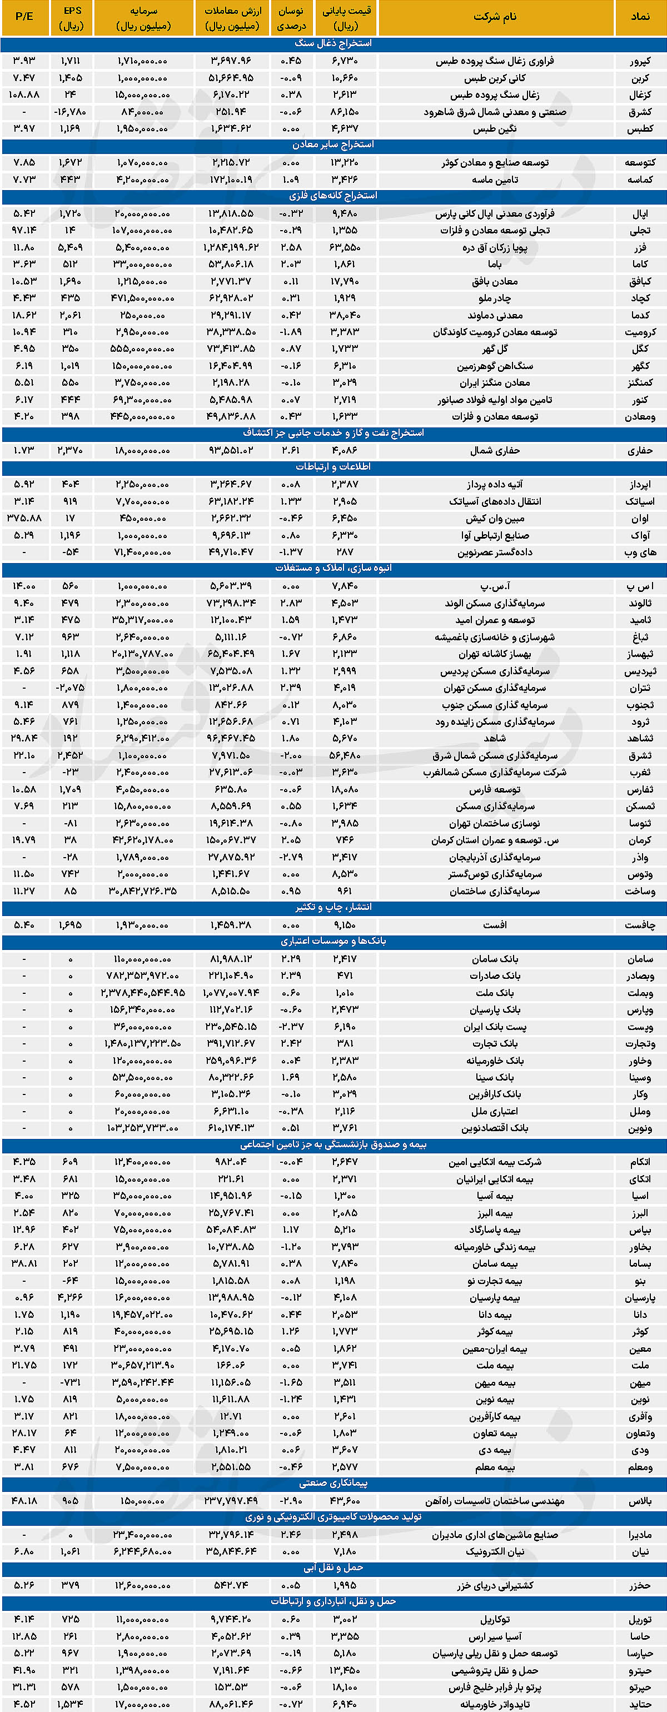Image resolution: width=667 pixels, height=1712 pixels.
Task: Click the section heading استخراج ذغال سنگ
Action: (333, 43)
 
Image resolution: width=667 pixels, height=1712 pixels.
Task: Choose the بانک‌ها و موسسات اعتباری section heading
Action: (333, 941)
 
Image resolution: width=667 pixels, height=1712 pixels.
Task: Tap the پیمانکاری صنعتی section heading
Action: (333, 1484)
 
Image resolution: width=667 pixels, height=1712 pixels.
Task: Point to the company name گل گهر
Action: (495, 349)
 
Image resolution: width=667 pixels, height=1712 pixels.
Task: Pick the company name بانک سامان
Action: (495, 959)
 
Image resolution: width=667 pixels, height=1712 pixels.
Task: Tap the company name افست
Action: (495, 925)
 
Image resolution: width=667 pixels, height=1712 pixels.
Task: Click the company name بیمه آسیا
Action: (495, 1196)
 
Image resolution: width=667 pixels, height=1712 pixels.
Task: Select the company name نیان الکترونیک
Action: (495, 1551)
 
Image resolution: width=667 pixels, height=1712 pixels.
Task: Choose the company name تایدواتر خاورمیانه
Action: (495, 1704)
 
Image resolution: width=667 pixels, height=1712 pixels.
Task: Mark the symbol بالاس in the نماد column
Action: (640, 1501)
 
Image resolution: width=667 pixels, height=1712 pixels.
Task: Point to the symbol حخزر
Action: (640, 1586)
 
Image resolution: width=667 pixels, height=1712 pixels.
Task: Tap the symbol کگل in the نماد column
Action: (640, 349)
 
